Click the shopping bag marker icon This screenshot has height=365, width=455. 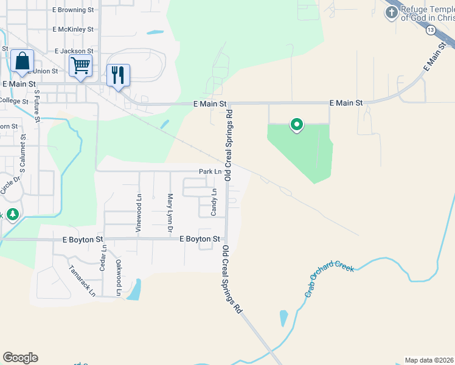pos(22,62)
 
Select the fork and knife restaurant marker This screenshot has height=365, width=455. pos(118,75)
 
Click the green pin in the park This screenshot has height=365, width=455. pos(297,125)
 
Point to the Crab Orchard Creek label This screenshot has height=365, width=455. pos(329,281)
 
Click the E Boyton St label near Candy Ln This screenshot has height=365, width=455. pos(200,240)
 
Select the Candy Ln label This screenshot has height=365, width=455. pos(214,203)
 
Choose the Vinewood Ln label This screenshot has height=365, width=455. pos(139,214)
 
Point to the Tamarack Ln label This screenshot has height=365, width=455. pos(82,280)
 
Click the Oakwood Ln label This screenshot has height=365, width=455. pos(119,277)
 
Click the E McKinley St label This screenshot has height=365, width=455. pos(73,29)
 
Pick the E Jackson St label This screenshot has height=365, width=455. pos(74,52)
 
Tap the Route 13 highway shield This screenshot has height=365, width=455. pos(430,30)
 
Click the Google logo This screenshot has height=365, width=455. pos(20,357)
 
